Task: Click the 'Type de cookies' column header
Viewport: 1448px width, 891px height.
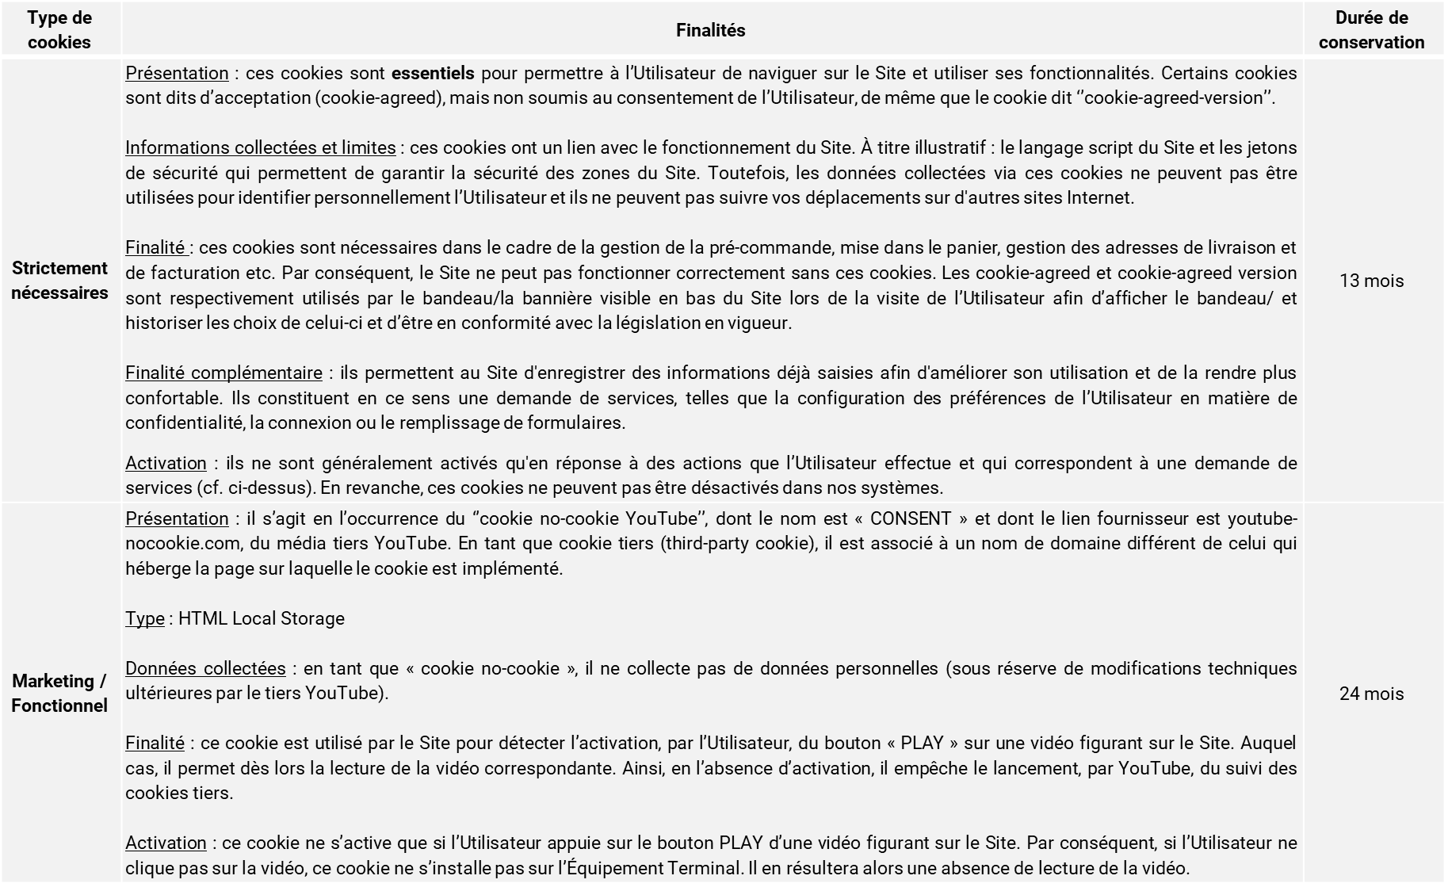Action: [x=59, y=30]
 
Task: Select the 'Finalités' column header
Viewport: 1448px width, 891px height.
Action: [x=710, y=30]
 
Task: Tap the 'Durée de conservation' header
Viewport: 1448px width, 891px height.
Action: [x=1371, y=30]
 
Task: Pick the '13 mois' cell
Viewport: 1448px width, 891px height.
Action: [x=1371, y=281]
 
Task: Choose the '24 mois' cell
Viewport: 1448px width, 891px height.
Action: [x=1371, y=694]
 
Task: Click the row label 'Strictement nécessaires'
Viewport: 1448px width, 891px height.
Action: [x=59, y=281]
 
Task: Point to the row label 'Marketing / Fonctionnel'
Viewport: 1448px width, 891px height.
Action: [x=59, y=694]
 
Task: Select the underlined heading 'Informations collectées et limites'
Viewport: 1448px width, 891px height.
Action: [x=260, y=147]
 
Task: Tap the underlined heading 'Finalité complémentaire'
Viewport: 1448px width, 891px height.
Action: [x=224, y=373]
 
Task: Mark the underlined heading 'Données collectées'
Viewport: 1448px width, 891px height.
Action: [x=205, y=668]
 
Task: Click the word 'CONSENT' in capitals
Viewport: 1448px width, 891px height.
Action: [x=911, y=519]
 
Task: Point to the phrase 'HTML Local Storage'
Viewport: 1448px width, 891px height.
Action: [x=262, y=618]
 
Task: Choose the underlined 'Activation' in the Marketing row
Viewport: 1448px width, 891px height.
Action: [x=166, y=843]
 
